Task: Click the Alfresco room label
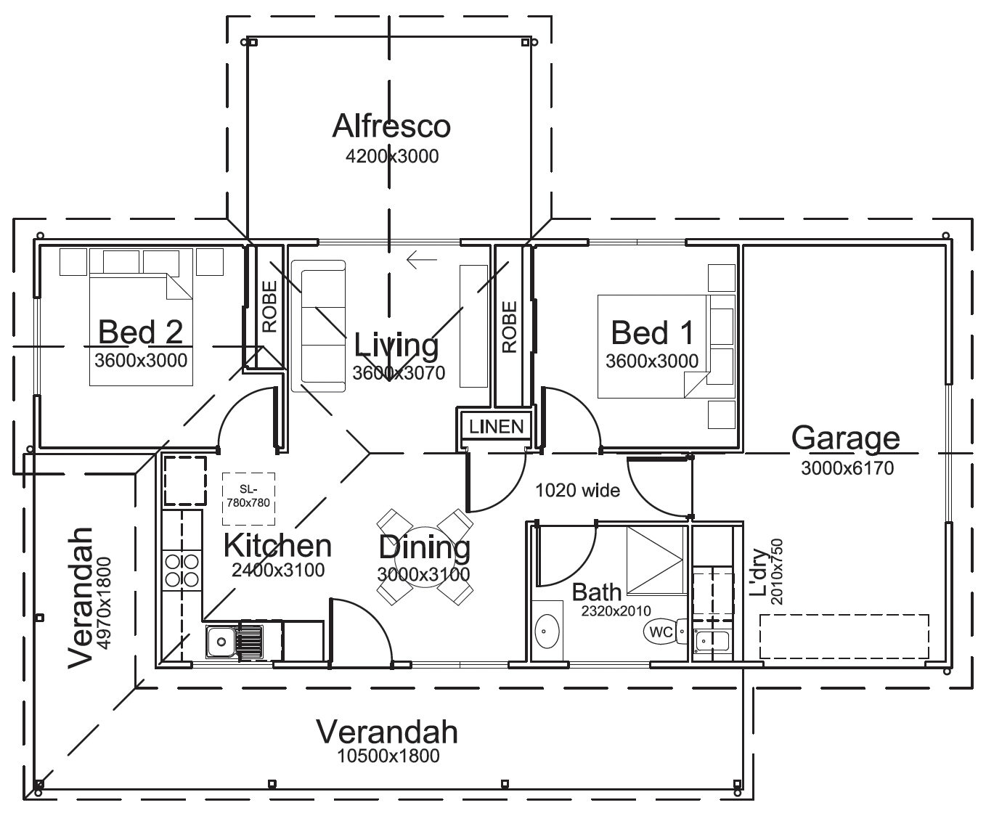point(391,126)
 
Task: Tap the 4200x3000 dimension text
point(391,156)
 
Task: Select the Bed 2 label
point(140,332)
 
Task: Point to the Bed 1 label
point(652,332)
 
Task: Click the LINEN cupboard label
point(497,426)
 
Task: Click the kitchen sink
point(234,641)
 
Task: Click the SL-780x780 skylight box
point(248,499)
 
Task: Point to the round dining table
point(425,557)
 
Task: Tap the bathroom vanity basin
point(547,631)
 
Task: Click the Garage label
point(845,438)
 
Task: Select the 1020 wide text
point(577,491)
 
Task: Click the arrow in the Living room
point(422,259)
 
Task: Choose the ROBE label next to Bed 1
point(510,327)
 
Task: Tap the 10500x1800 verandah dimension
point(388,756)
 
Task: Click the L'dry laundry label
point(759,573)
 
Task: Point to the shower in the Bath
point(656,560)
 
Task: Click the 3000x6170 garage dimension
point(847,468)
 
